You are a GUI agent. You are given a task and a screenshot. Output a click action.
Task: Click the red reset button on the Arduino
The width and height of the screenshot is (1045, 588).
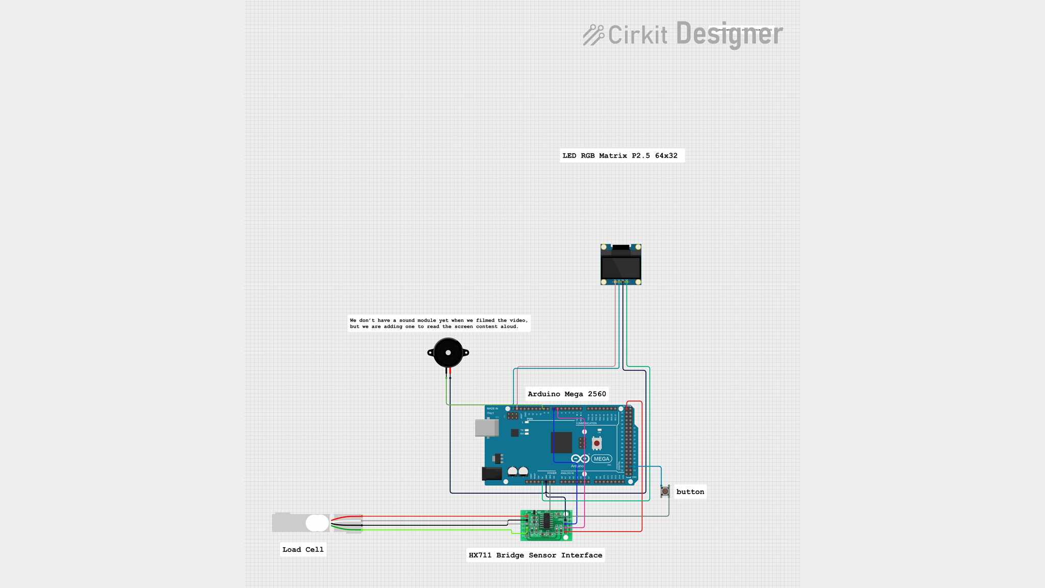click(596, 444)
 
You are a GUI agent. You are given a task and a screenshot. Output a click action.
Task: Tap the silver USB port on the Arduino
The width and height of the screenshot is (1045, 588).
click(486, 428)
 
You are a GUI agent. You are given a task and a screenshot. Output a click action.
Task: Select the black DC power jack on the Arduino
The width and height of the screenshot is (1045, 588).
click(491, 474)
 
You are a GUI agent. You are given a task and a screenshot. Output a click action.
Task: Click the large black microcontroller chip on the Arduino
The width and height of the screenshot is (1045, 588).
click(561, 443)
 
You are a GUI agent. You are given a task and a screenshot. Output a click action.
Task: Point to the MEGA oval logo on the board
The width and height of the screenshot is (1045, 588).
click(602, 459)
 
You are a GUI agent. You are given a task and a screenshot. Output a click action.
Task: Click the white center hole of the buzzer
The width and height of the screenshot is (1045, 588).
click(448, 353)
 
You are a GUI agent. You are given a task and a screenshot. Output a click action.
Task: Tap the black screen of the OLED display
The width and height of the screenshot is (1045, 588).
click(620, 267)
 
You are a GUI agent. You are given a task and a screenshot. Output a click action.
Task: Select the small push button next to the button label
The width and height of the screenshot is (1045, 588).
click(665, 491)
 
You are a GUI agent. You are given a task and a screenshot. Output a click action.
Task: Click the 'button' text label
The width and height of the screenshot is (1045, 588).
click(690, 492)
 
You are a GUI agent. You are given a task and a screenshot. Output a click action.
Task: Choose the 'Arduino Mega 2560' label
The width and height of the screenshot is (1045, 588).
click(566, 394)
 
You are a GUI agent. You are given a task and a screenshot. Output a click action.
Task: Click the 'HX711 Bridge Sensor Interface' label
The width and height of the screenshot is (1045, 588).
click(535, 555)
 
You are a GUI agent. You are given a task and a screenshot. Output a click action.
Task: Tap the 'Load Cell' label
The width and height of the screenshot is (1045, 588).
click(303, 550)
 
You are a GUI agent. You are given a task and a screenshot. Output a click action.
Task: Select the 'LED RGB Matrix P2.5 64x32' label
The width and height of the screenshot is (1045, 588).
click(620, 156)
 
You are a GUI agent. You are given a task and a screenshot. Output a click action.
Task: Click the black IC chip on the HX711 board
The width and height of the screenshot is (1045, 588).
click(546, 521)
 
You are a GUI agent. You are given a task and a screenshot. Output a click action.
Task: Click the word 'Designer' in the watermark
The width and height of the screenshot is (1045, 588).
click(729, 34)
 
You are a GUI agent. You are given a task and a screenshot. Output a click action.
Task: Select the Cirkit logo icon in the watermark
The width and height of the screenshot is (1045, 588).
click(593, 35)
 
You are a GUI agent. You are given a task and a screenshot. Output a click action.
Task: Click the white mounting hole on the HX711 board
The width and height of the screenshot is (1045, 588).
click(566, 537)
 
